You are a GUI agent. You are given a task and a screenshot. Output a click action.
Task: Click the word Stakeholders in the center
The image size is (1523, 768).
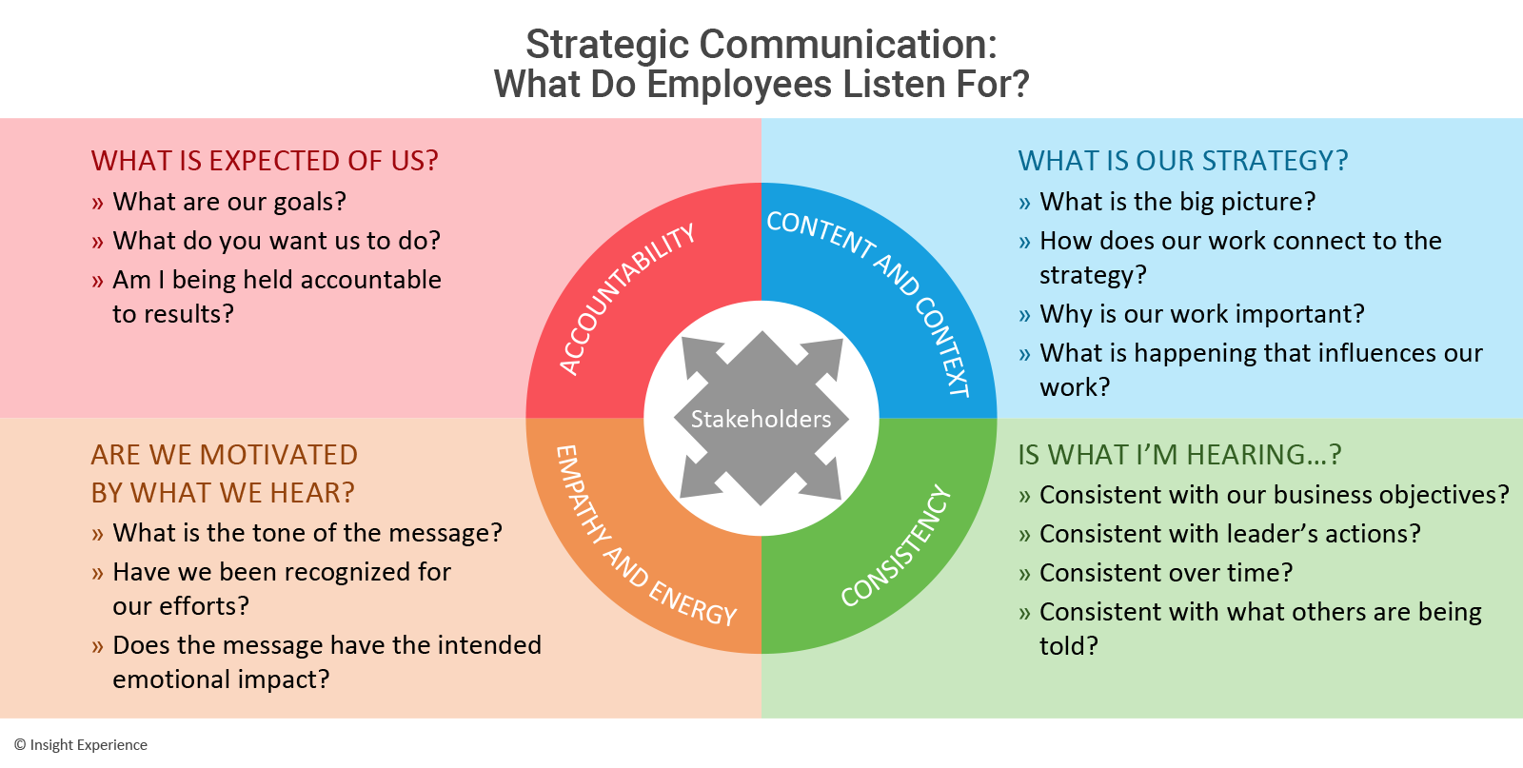point(761,419)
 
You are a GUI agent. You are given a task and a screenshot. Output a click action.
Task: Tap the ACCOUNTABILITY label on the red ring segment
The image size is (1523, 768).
point(627,298)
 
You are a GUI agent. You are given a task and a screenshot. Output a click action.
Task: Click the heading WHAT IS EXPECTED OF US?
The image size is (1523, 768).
point(265,161)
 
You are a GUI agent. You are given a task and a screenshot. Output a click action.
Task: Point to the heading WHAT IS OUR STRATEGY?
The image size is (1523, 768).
point(1183,161)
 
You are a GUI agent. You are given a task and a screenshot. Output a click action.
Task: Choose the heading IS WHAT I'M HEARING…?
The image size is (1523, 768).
point(1179,455)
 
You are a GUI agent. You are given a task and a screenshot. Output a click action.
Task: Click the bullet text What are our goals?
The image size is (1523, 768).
point(229,202)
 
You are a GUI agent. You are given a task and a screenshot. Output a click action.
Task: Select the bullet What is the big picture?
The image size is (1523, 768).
point(1177,202)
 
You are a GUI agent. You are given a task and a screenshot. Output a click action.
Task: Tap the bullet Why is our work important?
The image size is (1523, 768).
point(1202,314)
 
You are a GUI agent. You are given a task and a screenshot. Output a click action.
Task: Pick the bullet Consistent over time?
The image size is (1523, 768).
point(1166,573)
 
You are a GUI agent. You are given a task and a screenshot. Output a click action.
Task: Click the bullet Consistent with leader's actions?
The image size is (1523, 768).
point(1230,534)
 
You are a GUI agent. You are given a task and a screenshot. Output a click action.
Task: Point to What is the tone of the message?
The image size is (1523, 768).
point(307,533)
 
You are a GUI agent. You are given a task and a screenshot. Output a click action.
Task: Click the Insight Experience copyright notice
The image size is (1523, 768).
point(81,745)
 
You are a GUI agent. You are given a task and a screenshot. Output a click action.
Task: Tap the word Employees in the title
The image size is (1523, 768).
point(740,85)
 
